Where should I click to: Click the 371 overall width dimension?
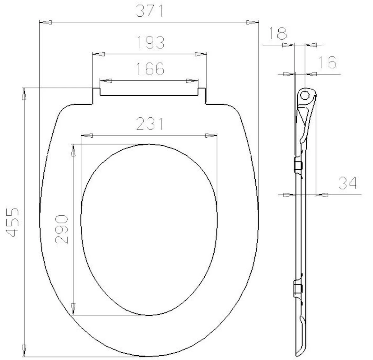(150, 11)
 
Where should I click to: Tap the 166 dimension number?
(150, 69)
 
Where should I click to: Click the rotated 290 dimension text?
(62, 229)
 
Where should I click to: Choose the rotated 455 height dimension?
(12, 222)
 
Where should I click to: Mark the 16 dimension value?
(327, 62)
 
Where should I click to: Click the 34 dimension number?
(348, 183)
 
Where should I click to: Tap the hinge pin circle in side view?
(305, 95)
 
